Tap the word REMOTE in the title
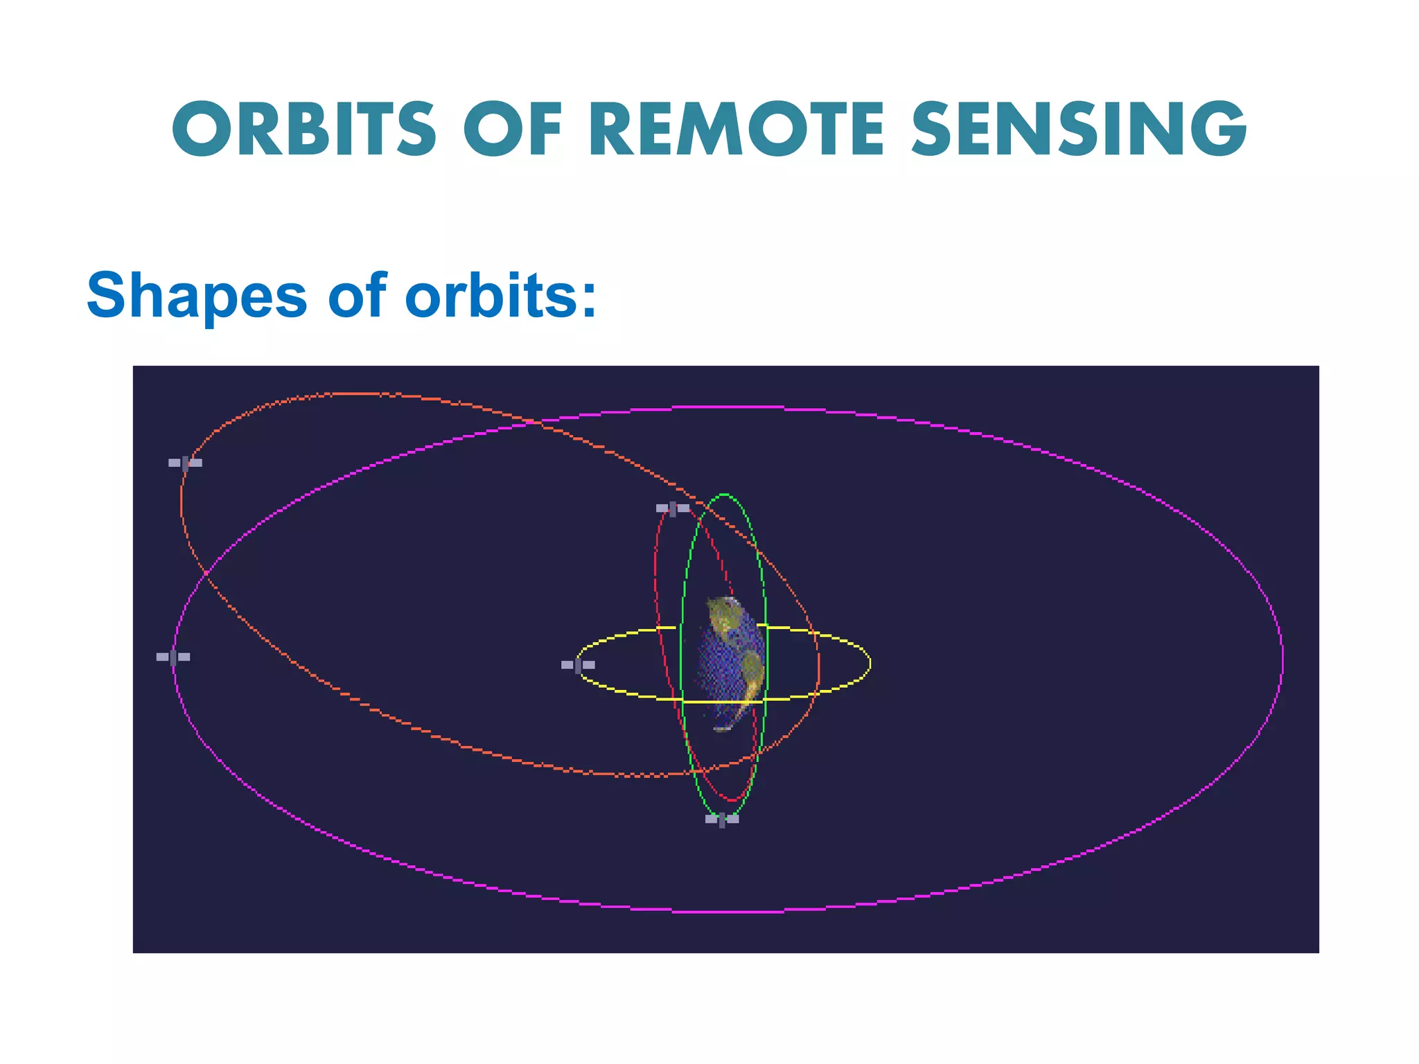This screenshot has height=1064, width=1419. point(737,129)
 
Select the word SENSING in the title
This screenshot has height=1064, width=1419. point(1079,129)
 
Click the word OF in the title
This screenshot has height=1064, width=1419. point(513,129)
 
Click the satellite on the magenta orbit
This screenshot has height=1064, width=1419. point(173,657)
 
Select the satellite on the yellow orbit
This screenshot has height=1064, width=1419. point(578,665)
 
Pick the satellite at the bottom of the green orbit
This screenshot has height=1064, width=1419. point(722,819)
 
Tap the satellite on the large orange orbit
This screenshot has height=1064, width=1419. point(185,463)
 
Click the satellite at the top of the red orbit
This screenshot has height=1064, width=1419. point(673,508)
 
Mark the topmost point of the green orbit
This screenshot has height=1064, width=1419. point(725,495)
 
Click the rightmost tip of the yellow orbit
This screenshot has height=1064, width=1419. point(870,664)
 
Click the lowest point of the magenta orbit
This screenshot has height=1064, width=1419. point(728,912)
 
